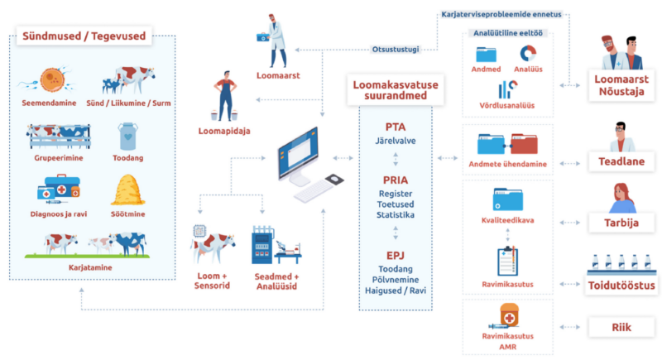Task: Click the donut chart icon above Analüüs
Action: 526,54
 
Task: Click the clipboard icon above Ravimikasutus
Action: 506,261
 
